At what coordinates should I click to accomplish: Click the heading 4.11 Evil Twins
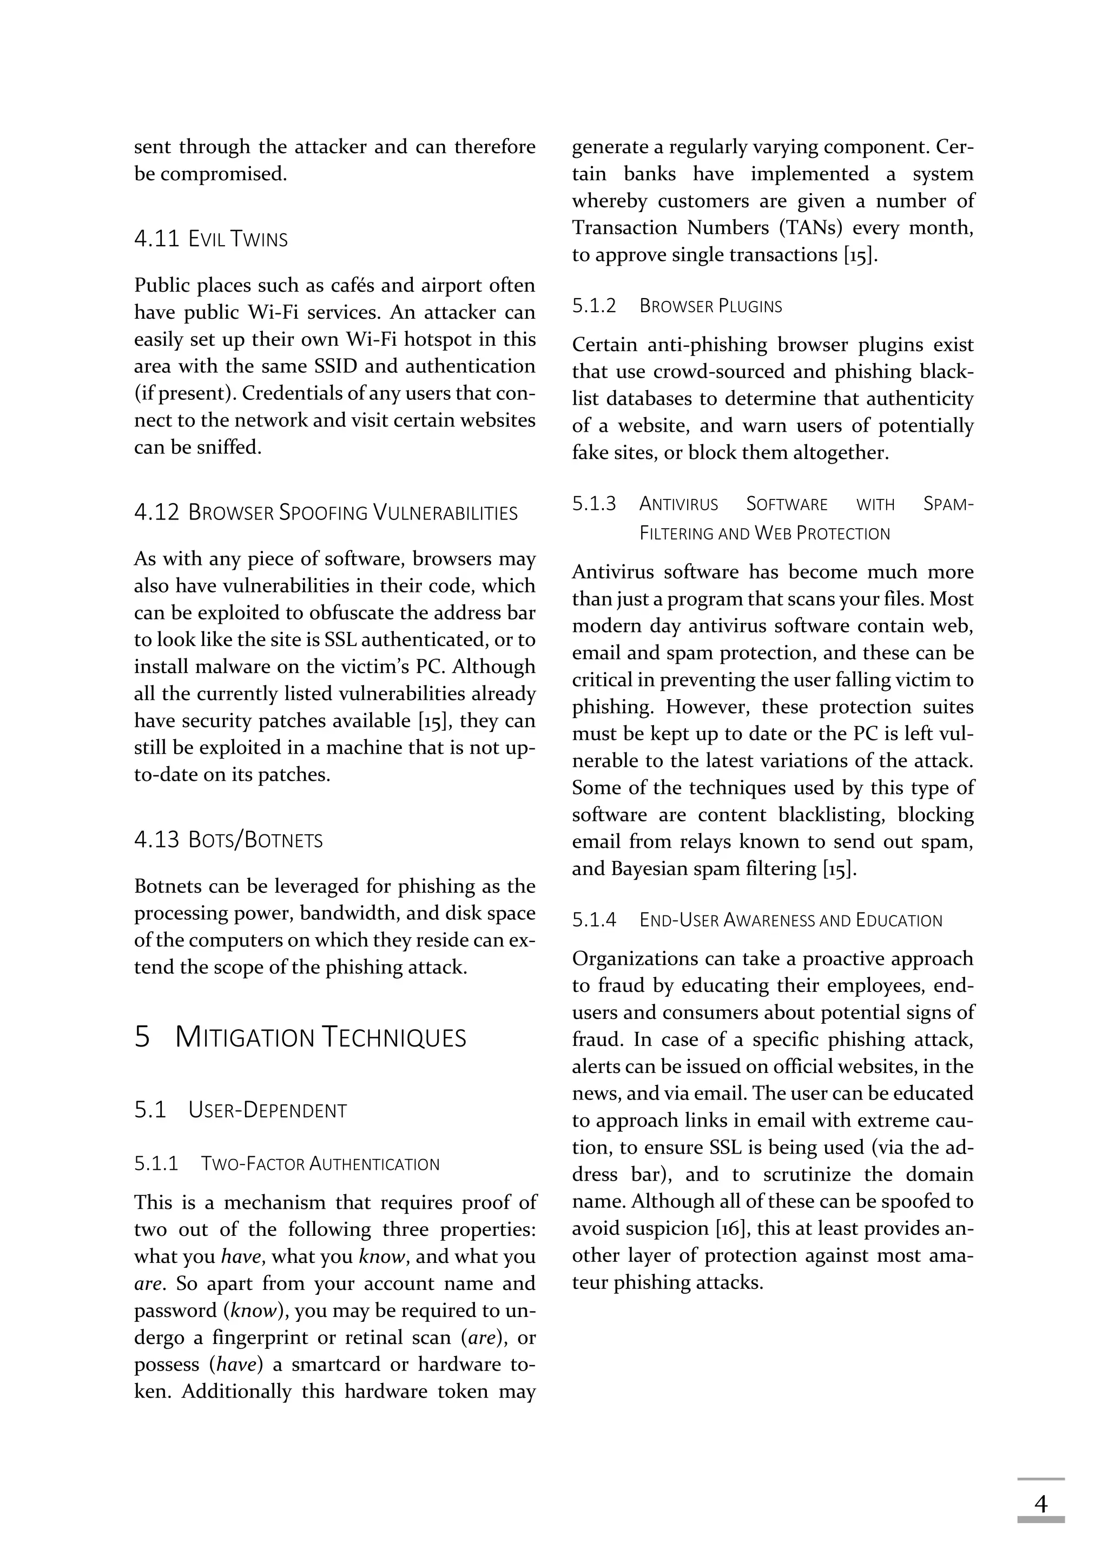click(211, 239)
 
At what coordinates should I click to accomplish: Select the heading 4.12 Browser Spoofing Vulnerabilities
click(326, 512)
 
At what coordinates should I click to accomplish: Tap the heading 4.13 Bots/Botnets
click(228, 840)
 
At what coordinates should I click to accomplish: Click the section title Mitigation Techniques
click(300, 1037)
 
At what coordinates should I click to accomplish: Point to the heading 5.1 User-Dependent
click(240, 1110)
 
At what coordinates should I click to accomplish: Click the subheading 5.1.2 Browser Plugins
click(677, 306)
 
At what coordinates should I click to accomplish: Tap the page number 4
click(1040, 1504)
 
